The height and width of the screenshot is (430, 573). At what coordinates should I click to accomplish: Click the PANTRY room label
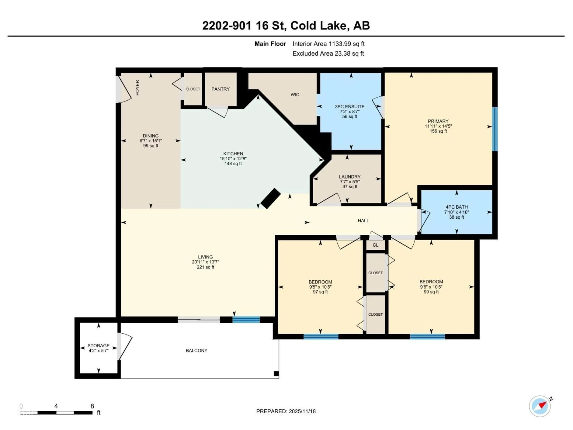point(220,89)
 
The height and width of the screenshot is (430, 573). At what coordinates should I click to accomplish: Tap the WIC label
point(295,95)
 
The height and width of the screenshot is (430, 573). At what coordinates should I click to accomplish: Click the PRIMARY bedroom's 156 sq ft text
point(438,131)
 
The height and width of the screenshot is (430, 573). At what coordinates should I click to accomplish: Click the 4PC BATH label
point(456,207)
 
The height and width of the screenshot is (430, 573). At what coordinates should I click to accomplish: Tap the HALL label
point(363,221)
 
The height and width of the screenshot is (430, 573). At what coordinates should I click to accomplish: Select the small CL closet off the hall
point(375,245)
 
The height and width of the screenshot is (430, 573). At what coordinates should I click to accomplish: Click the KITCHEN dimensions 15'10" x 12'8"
point(233,158)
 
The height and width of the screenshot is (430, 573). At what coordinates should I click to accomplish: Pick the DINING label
point(151,136)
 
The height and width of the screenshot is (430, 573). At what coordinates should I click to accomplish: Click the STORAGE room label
point(98,345)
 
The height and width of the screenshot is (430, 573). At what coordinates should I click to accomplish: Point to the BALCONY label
point(196,350)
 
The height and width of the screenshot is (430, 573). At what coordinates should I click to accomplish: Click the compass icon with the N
point(540,406)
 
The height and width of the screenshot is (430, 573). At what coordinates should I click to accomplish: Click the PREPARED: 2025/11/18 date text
point(286,411)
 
